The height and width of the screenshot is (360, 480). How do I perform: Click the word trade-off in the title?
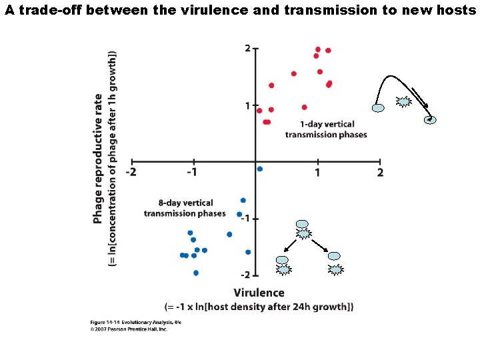click(43, 10)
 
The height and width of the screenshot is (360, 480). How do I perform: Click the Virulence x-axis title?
click(259, 293)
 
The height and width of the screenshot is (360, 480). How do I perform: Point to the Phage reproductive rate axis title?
click(98, 159)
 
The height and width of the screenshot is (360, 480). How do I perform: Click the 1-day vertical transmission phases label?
click(326, 129)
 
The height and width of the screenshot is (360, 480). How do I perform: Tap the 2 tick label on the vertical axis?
click(247, 48)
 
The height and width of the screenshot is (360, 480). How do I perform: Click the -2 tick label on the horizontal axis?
click(132, 173)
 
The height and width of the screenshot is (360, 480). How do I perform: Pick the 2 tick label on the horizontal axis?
click(380, 173)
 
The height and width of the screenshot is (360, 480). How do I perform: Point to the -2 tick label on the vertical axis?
click(245, 275)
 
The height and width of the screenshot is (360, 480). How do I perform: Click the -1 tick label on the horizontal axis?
click(192, 173)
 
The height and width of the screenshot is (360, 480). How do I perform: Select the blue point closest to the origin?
click(260, 169)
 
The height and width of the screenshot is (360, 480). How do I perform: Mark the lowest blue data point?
click(196, 273)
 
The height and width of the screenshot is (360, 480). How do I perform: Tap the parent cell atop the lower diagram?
click(303, 225)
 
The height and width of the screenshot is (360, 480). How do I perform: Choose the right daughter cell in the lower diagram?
click(334, 257)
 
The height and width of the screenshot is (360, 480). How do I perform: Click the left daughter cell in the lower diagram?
click(283, 260)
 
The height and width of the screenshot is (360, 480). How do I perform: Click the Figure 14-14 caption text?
click(136, 323)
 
